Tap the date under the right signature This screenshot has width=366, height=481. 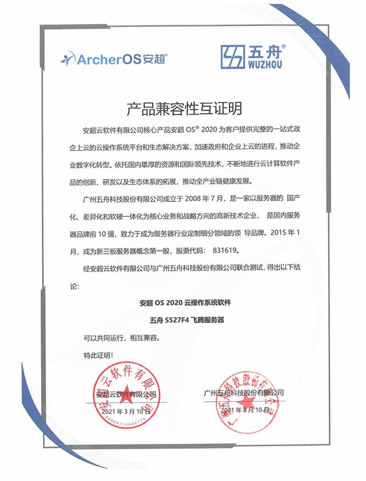[x=244, y=411]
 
